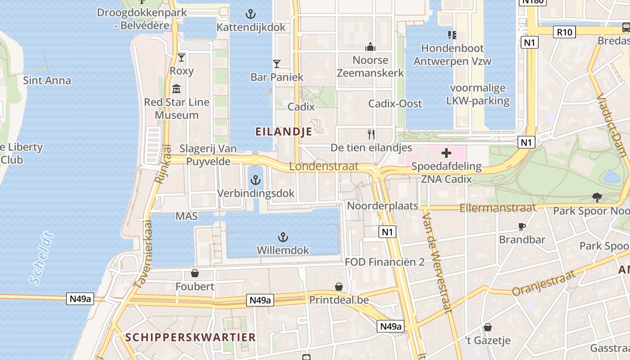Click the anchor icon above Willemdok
point(283,237)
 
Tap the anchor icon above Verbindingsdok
point(255,180)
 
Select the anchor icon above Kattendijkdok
point(251,14)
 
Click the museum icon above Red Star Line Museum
point(176,89)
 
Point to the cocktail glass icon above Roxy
point(181,57)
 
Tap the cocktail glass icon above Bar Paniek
point(277,64)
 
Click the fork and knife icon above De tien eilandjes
point(371,134)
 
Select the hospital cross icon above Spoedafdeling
point(446,153)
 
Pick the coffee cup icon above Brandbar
point(522,226)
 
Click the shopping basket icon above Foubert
point(195,273)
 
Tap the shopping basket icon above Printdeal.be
point(339,287)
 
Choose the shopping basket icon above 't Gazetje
point(487,327)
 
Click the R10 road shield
point(564,32)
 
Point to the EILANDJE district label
point(283,131)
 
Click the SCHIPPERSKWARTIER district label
point(190,337)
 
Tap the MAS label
point(186,216)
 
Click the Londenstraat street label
point(324,166)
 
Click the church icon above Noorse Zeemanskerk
point(370,47)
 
